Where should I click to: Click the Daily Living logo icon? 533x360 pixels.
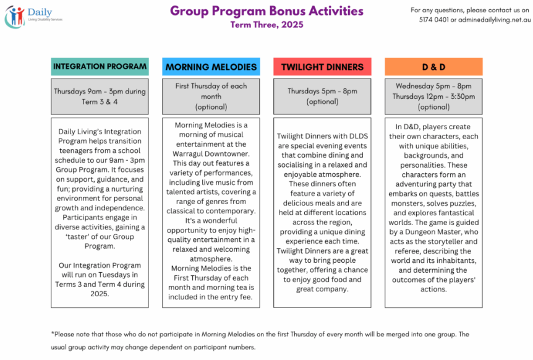tap(15, 17)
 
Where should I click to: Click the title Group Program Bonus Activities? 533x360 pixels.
tap(266, 11)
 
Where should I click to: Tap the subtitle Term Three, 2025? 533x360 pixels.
tap(266, 25)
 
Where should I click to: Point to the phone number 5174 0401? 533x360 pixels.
tap(433, 20)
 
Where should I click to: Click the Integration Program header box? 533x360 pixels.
tap(100, 67)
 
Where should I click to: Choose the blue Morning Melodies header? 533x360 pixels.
tap(211, 67)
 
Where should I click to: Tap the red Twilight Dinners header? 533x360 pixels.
tap(322, 67)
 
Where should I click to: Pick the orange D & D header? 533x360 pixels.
tap(433, 67)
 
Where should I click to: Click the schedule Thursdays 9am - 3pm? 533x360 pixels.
tap(100, 92)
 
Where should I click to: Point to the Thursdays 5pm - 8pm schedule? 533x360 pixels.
tap(322, 92)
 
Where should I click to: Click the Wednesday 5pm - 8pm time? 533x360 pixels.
tap(433, 87)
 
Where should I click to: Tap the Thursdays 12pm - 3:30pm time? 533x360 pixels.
tap(433, 96)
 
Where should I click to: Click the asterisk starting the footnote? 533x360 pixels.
tap(53, 334)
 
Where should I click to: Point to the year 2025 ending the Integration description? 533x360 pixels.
tap(100, 294)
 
